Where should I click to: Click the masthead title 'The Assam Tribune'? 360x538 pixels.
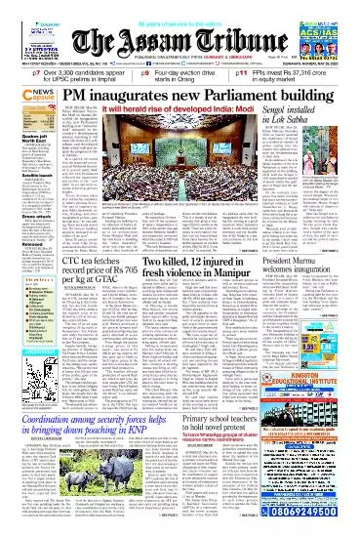tap(180, 40)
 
